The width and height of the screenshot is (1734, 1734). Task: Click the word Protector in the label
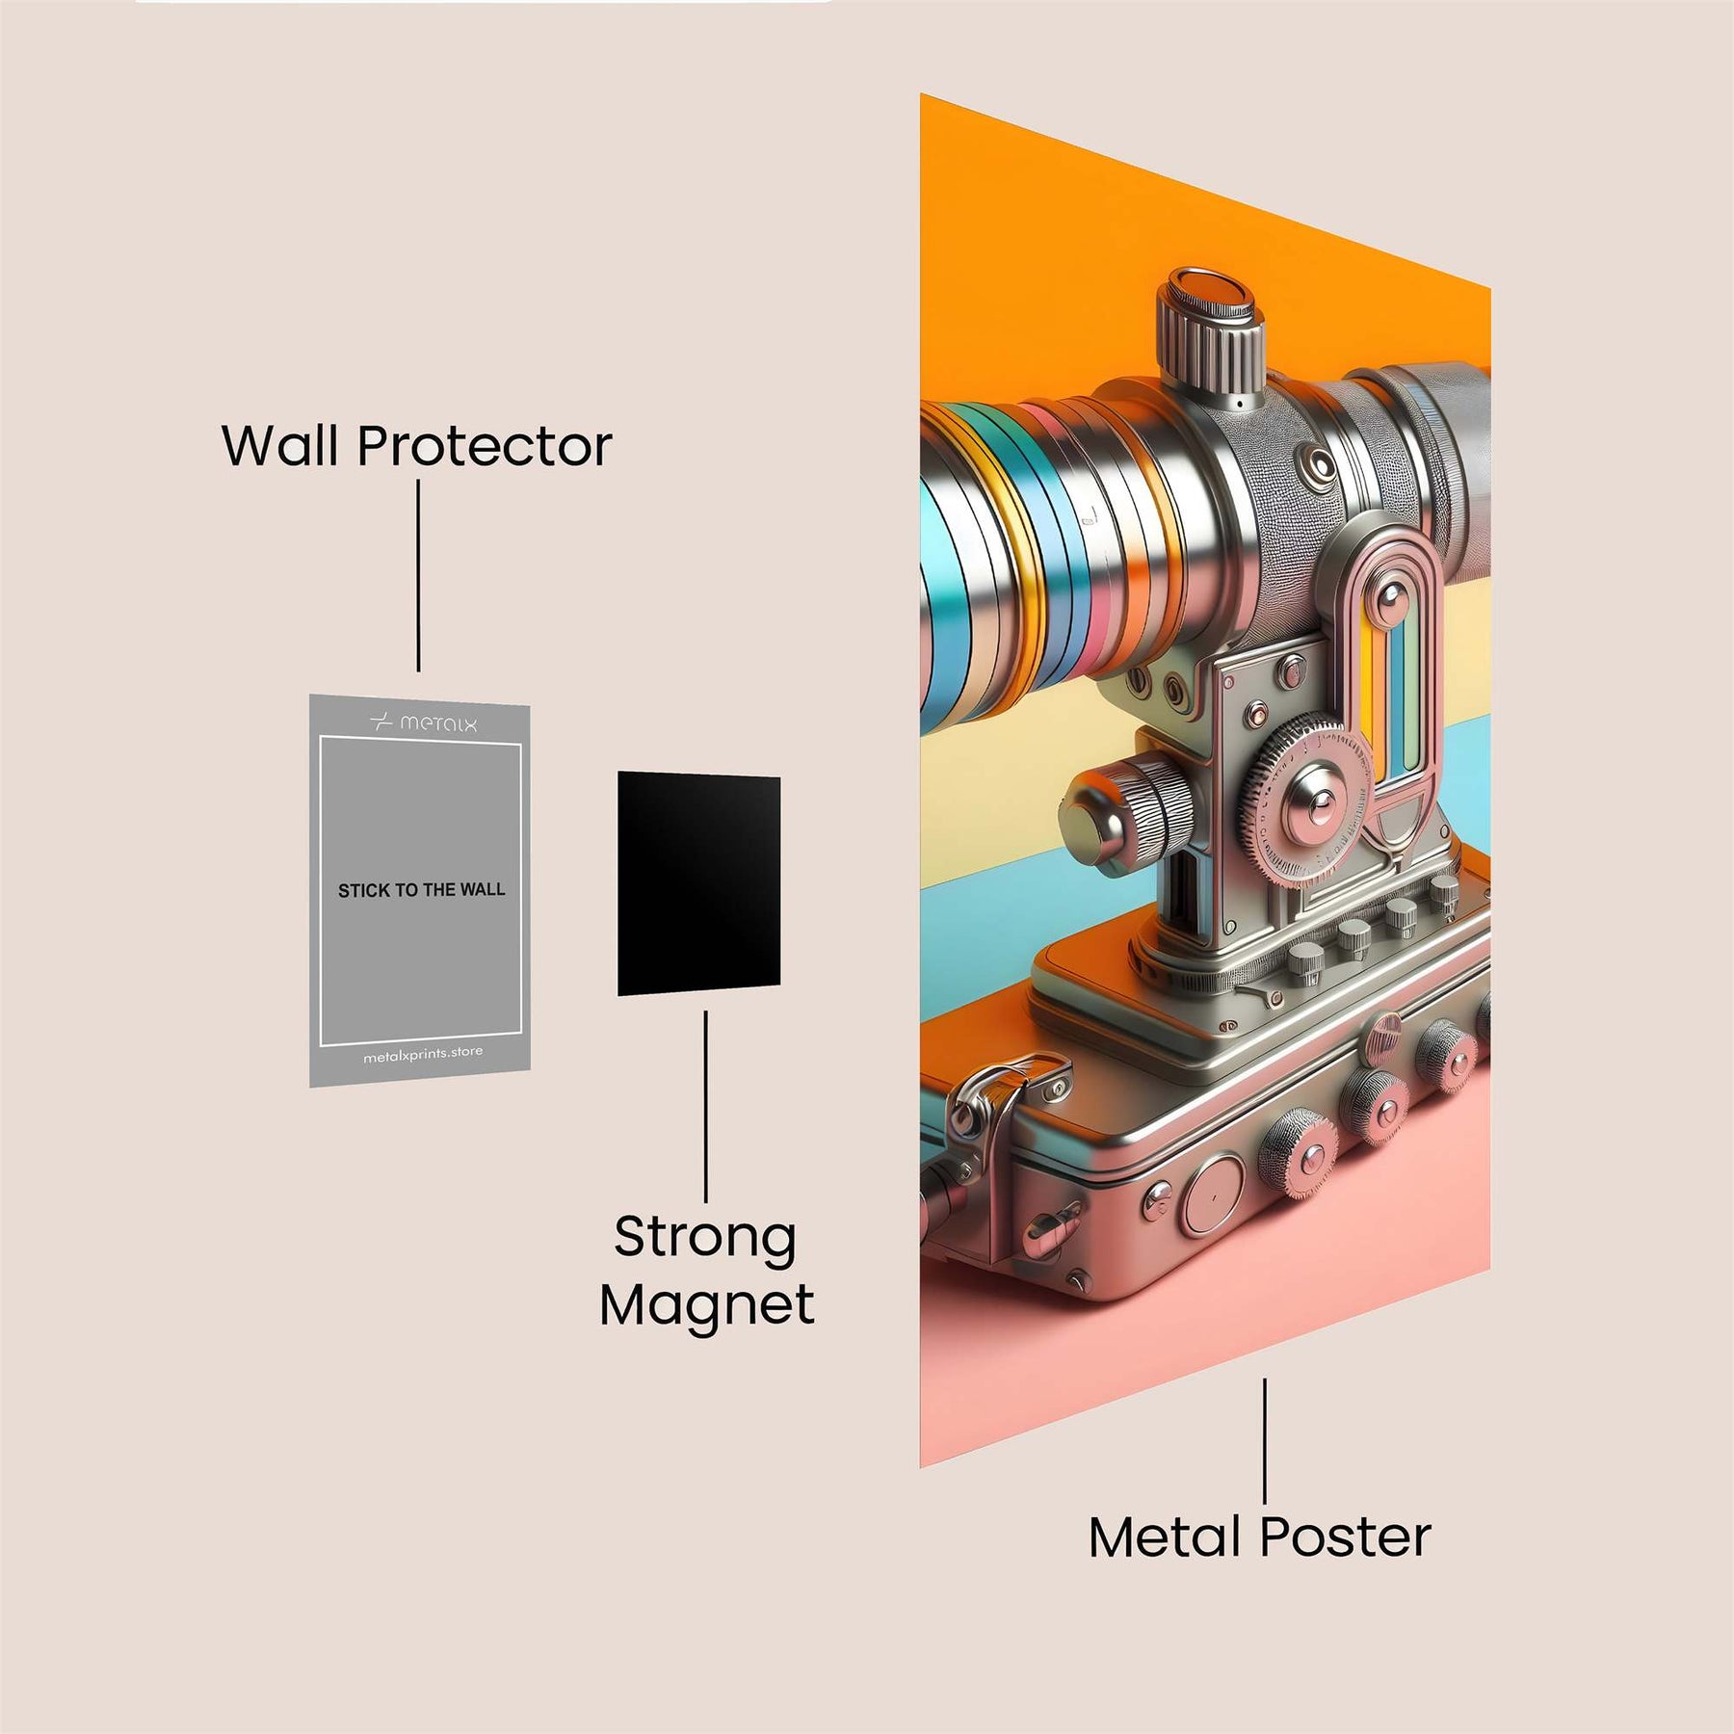click(485, 446)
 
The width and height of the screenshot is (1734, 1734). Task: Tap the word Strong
click(705, 1238)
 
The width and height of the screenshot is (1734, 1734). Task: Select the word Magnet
click(707, 1306)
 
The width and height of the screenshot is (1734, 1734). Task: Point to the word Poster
click(1346, 1537)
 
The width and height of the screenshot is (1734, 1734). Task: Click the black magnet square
click(698, 883)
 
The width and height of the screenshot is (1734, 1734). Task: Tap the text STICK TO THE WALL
click(421, 890)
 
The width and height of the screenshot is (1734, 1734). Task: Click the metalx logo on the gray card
click(424, 722)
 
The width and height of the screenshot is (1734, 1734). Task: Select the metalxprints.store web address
click(423, 1055)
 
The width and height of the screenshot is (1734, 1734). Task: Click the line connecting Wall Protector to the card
click(418, 575)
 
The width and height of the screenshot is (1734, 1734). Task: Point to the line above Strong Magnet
click(706, 1106)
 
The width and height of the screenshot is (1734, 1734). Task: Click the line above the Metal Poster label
click(1265, 1440)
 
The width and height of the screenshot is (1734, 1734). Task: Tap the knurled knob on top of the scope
click(1210, 332)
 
